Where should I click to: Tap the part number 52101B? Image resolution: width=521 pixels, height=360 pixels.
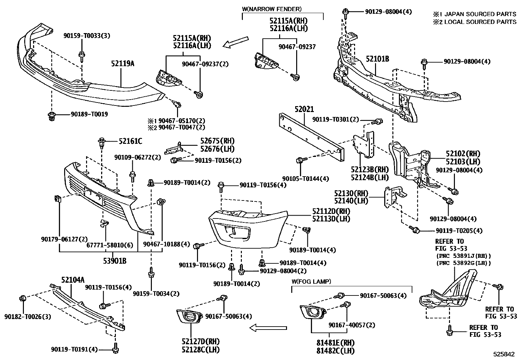(x=377, y=59)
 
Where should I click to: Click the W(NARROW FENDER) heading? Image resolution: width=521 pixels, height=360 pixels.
(x=272, y=9)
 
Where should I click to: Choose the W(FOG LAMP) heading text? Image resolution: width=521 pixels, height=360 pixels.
(x=311, y=281)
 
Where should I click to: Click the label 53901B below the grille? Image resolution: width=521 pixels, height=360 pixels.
(x=113, y=261)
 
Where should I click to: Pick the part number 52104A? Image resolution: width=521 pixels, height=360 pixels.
(x=73, y=279)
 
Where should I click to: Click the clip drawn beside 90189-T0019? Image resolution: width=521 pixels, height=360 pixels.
(x=51, y=116)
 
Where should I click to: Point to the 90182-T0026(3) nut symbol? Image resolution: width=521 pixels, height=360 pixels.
(x=23, y=299)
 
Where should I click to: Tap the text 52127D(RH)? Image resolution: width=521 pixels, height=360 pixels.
(x=201, y=341)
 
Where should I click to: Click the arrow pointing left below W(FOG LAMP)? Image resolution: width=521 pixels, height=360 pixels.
(x=268, y=327)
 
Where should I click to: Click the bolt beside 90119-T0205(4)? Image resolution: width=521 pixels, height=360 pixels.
(x=415, y=230)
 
